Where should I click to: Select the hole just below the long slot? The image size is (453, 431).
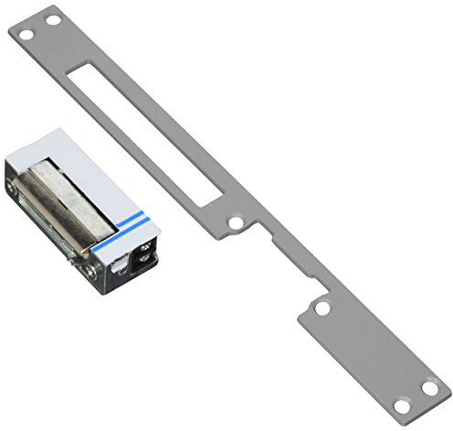point(236,222)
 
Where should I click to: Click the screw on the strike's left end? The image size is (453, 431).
point(12,189)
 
